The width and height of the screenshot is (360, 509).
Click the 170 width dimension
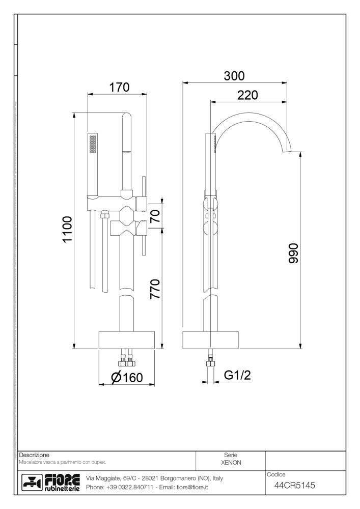coord(118,87)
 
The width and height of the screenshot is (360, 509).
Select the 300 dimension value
coord(234,76)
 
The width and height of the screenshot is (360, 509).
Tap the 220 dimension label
coord(247,95)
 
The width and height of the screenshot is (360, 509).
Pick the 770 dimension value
coord(154,289)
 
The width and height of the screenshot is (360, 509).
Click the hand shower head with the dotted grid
coord(93,144)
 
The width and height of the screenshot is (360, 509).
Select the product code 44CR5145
coord(294,486)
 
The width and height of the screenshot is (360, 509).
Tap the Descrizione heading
coord(34,454)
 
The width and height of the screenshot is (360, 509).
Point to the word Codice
coord(276,474)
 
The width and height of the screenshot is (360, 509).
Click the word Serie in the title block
coord(231,455)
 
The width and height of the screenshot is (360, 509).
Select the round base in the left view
coord(126,340)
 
